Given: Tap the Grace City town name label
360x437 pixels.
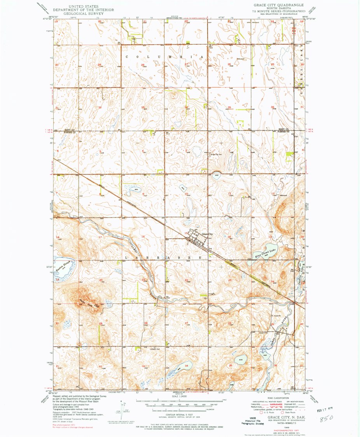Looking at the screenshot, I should click(208, 234).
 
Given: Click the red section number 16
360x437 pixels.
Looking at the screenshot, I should click(143, 237).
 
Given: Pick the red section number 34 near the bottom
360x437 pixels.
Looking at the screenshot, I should click(187, 366).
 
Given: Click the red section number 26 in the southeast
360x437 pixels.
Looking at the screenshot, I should click(230, 323).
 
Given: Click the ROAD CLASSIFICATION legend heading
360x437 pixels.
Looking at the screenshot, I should click(277, 398).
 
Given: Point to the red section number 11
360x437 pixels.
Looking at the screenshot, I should click(230, 194).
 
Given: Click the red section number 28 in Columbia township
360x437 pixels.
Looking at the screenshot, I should click(143, 65).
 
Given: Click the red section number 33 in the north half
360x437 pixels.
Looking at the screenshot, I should click(143, 107).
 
